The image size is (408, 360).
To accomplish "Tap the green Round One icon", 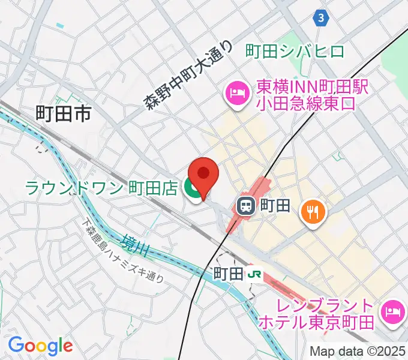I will point(193,189).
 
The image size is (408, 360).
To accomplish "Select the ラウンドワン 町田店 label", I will point(101,188).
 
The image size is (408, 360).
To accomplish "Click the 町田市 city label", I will point(63,112).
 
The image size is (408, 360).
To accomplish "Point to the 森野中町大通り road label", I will point(188,74).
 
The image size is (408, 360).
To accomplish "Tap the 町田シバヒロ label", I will point(295,52).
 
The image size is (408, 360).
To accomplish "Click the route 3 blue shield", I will point(322,19).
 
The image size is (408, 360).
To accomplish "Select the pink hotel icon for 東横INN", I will point(236,93).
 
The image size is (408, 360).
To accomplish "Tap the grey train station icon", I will point(245,207).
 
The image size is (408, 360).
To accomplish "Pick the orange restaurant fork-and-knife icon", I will point(312,211).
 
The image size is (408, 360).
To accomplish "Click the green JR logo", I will point(255,274).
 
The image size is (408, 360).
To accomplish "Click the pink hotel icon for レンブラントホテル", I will point(394,310).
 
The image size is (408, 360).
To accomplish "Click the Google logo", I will point(40,346).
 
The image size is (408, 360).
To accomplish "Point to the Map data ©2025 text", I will point(357,351).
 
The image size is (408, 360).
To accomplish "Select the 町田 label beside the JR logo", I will point(229,274).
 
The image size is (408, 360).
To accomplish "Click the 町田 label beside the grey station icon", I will point(275,207).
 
